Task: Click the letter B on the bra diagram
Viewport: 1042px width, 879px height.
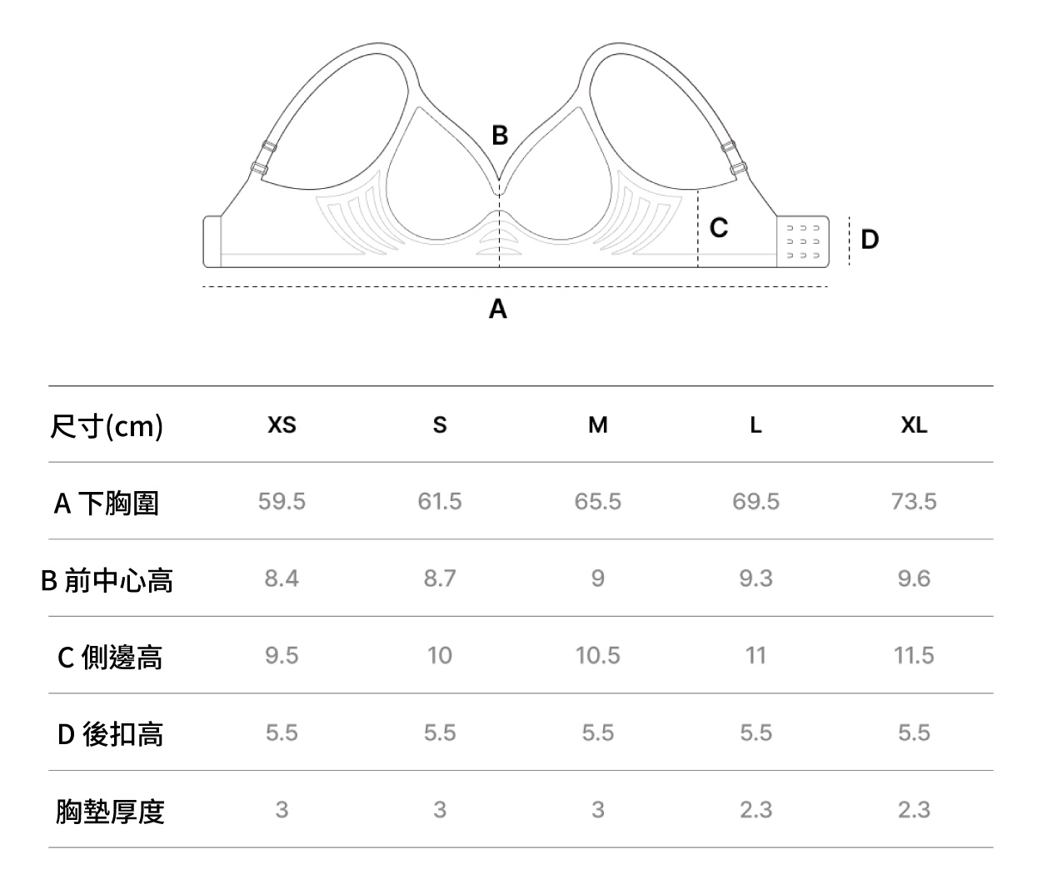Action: click(500, 135)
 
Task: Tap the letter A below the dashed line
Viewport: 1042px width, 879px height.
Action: click(497, 309)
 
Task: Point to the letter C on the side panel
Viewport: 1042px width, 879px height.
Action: click(719, 227)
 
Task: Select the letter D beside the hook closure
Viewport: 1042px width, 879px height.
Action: click(870, 240)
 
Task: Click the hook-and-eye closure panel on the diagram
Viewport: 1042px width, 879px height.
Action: click(802, 242)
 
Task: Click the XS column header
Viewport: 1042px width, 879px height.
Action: click(282, 425)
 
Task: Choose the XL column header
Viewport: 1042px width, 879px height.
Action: click(914, 425)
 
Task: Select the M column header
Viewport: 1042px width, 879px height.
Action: click(598, 425)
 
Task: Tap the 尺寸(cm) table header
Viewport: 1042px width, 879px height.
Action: click(107, 426)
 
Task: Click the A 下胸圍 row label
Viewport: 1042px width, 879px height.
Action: click(107, 503)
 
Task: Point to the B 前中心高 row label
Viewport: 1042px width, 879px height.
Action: click(107, 580)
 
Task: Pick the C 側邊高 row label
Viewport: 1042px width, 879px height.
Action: click(110, 657)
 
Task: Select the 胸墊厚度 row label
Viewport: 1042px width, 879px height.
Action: click(110, 812)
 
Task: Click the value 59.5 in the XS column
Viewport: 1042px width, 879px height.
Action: click(282, 501)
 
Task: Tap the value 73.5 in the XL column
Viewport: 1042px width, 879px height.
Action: click(914, 501)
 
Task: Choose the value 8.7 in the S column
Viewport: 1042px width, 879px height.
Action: click(440, 579)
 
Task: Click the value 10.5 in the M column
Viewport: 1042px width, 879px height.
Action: click(598, 656)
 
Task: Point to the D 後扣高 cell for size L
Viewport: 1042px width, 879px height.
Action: click(756, 732)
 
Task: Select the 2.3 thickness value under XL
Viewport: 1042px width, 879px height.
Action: click(914, 810)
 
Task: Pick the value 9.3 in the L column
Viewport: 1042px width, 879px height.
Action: click(756, 579)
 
